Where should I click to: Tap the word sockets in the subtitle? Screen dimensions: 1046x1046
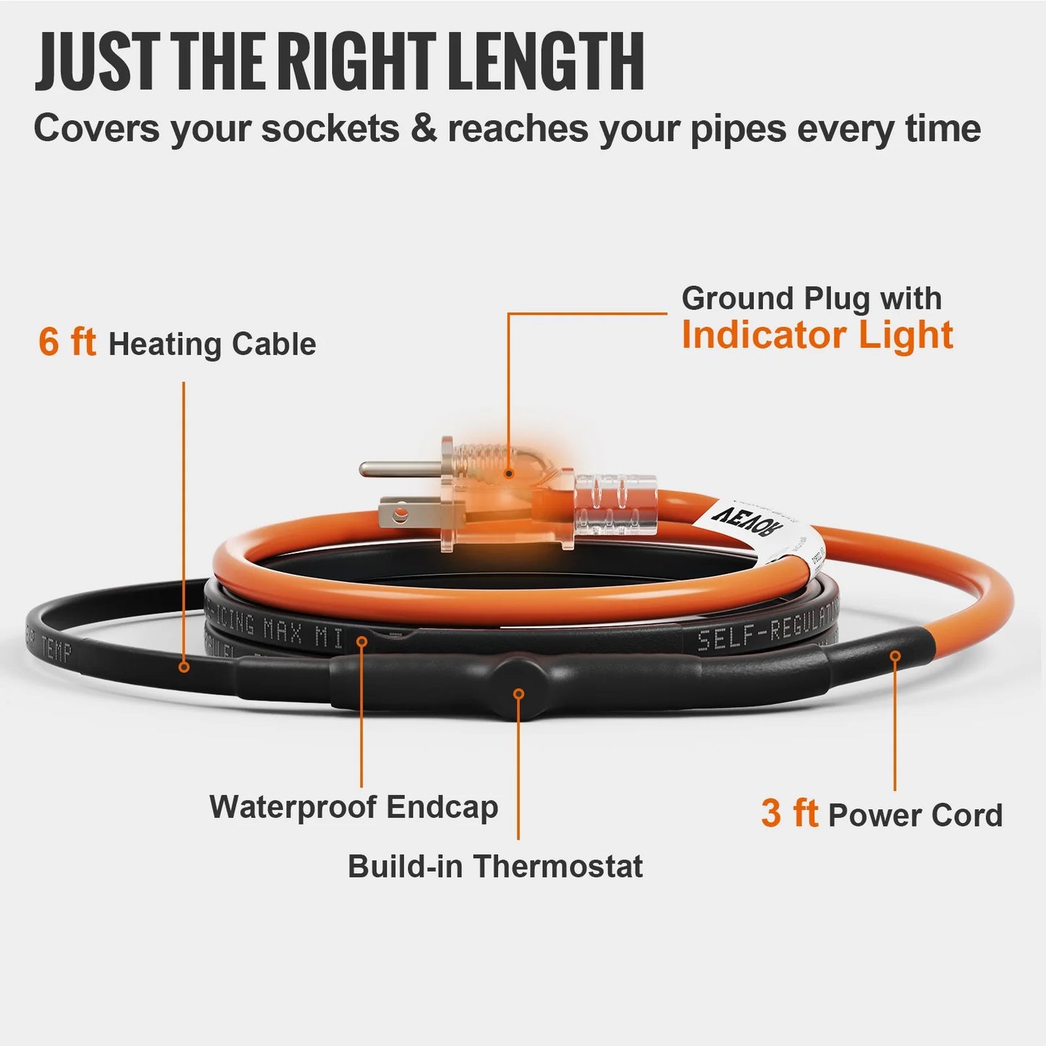[329, 130]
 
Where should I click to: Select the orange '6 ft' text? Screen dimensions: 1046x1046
[67, 342]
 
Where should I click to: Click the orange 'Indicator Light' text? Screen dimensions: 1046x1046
[817, 335]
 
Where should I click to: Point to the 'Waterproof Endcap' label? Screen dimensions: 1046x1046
[353, 806]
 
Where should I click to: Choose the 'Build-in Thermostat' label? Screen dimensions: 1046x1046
[495, 866]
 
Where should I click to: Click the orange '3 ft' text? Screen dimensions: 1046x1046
[789, 814]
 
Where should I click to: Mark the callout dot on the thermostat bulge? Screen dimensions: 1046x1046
[518, 693]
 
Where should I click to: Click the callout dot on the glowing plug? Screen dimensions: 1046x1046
[509, 473]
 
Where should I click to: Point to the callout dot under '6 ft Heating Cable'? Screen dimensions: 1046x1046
[184, 667]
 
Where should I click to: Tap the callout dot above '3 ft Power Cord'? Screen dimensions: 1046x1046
[895, 656]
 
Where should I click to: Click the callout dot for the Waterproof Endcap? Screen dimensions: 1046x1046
[361, 641]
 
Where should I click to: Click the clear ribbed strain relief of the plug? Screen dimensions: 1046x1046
[615, 505]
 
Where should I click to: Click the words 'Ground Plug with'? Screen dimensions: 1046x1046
[811, 298]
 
